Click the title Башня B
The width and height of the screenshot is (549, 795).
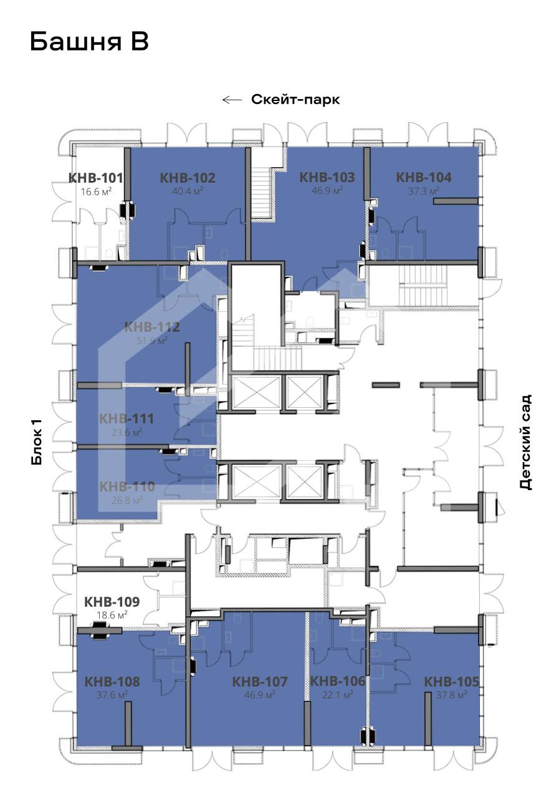pos(89,42)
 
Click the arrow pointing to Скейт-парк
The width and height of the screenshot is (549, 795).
pos(232,100)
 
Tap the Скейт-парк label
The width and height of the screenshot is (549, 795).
pos(295,100)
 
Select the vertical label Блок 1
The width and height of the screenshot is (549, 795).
pos(37,441)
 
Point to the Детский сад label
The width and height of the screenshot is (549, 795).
pos(525,442)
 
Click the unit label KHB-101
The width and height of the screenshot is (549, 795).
pos(96,178)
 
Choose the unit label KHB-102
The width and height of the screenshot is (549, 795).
pos(188,178)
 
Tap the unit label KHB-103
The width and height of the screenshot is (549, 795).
pos(327,177)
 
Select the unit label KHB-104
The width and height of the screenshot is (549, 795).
pos(424,177)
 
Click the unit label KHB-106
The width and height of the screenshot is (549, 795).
pos(338,681)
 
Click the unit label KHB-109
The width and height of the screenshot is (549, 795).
pos(112,602)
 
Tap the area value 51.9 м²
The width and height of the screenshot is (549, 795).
pos(152,340)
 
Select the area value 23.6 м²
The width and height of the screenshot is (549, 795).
pos(127,432)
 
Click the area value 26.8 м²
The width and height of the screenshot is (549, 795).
pos(127,501)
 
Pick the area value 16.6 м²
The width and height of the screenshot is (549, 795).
pos(96,191)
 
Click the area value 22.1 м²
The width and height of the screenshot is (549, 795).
pos(337,695)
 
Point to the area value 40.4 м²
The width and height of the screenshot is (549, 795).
pos(188,191)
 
